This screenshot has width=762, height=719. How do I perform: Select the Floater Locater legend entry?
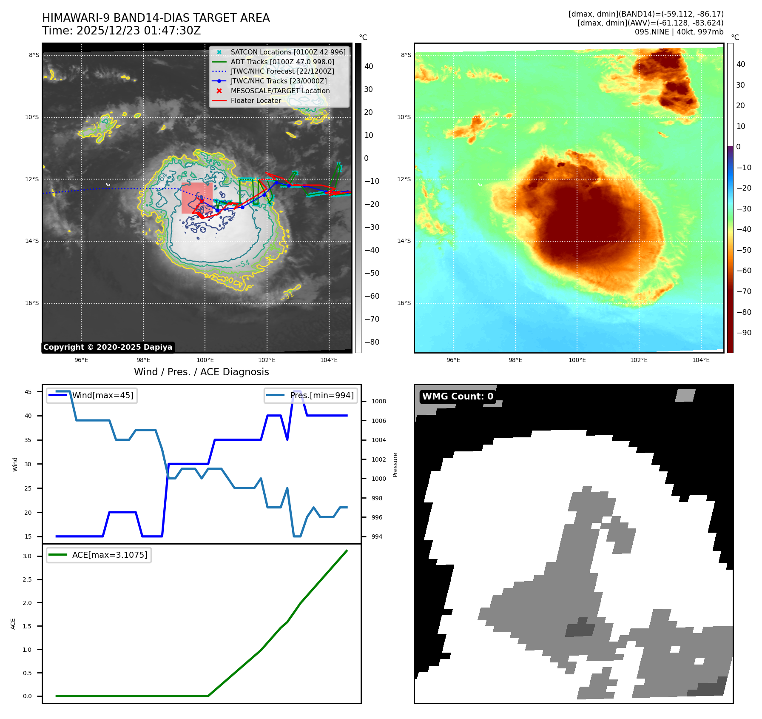point(256,100)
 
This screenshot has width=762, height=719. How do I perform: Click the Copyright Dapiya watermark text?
point(108,347)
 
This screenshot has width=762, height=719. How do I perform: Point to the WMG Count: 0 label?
point(458,397)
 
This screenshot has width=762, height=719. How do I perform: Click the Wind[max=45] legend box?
point(92,395)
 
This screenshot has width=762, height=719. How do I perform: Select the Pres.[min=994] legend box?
point(310,395)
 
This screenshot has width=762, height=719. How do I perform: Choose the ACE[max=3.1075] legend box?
point(99,555)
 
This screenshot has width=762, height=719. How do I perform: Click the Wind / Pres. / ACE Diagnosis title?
point(201,372)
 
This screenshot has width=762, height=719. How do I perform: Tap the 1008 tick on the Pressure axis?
point(378,401)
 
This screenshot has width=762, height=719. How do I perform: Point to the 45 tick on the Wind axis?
point(28,392)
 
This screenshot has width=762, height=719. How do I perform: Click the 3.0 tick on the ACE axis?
point(27,556)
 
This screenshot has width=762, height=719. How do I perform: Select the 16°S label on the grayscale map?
point(32,303)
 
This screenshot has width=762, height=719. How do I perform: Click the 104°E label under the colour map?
point(701,360)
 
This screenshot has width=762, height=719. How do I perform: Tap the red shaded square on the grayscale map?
point(197,198)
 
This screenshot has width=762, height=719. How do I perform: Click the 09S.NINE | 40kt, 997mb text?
point(679,32)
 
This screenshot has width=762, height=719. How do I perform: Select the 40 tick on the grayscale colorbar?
point(369,66)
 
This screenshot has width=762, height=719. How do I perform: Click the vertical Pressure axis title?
point(395,465)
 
